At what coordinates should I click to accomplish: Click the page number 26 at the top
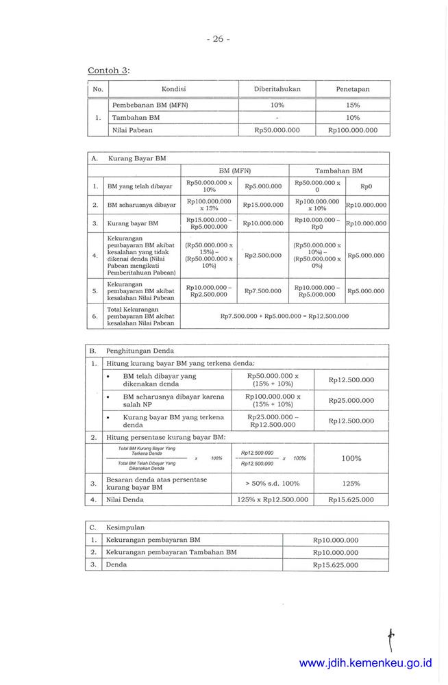(218, 39)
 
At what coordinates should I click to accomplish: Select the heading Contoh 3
(108, 71)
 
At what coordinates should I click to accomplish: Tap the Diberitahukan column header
(277, 89)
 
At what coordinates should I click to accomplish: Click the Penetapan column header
(353, 89)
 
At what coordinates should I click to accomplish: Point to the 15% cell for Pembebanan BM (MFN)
(353, 105)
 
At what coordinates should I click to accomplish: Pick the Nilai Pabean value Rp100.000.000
(353, 130)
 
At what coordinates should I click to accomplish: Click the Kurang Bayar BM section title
(137, 158)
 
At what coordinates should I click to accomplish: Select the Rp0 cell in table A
(365, 186)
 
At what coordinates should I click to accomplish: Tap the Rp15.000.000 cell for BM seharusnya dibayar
(263, 204)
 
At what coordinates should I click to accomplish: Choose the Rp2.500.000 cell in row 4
(263, 256)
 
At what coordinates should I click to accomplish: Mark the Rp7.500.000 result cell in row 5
(263, 291)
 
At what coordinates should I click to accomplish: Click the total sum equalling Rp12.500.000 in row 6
(284, 316)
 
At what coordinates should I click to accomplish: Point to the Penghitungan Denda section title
(140, 351)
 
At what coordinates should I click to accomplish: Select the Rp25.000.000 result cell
(351, 400)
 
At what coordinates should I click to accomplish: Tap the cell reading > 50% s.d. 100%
(273, 484)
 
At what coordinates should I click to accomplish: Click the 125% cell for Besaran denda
(351, 484)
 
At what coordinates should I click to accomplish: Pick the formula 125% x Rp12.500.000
(273, 500)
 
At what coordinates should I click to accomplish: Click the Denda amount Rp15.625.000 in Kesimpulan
(335, 565)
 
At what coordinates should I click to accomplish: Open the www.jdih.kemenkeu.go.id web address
(366, 663)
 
